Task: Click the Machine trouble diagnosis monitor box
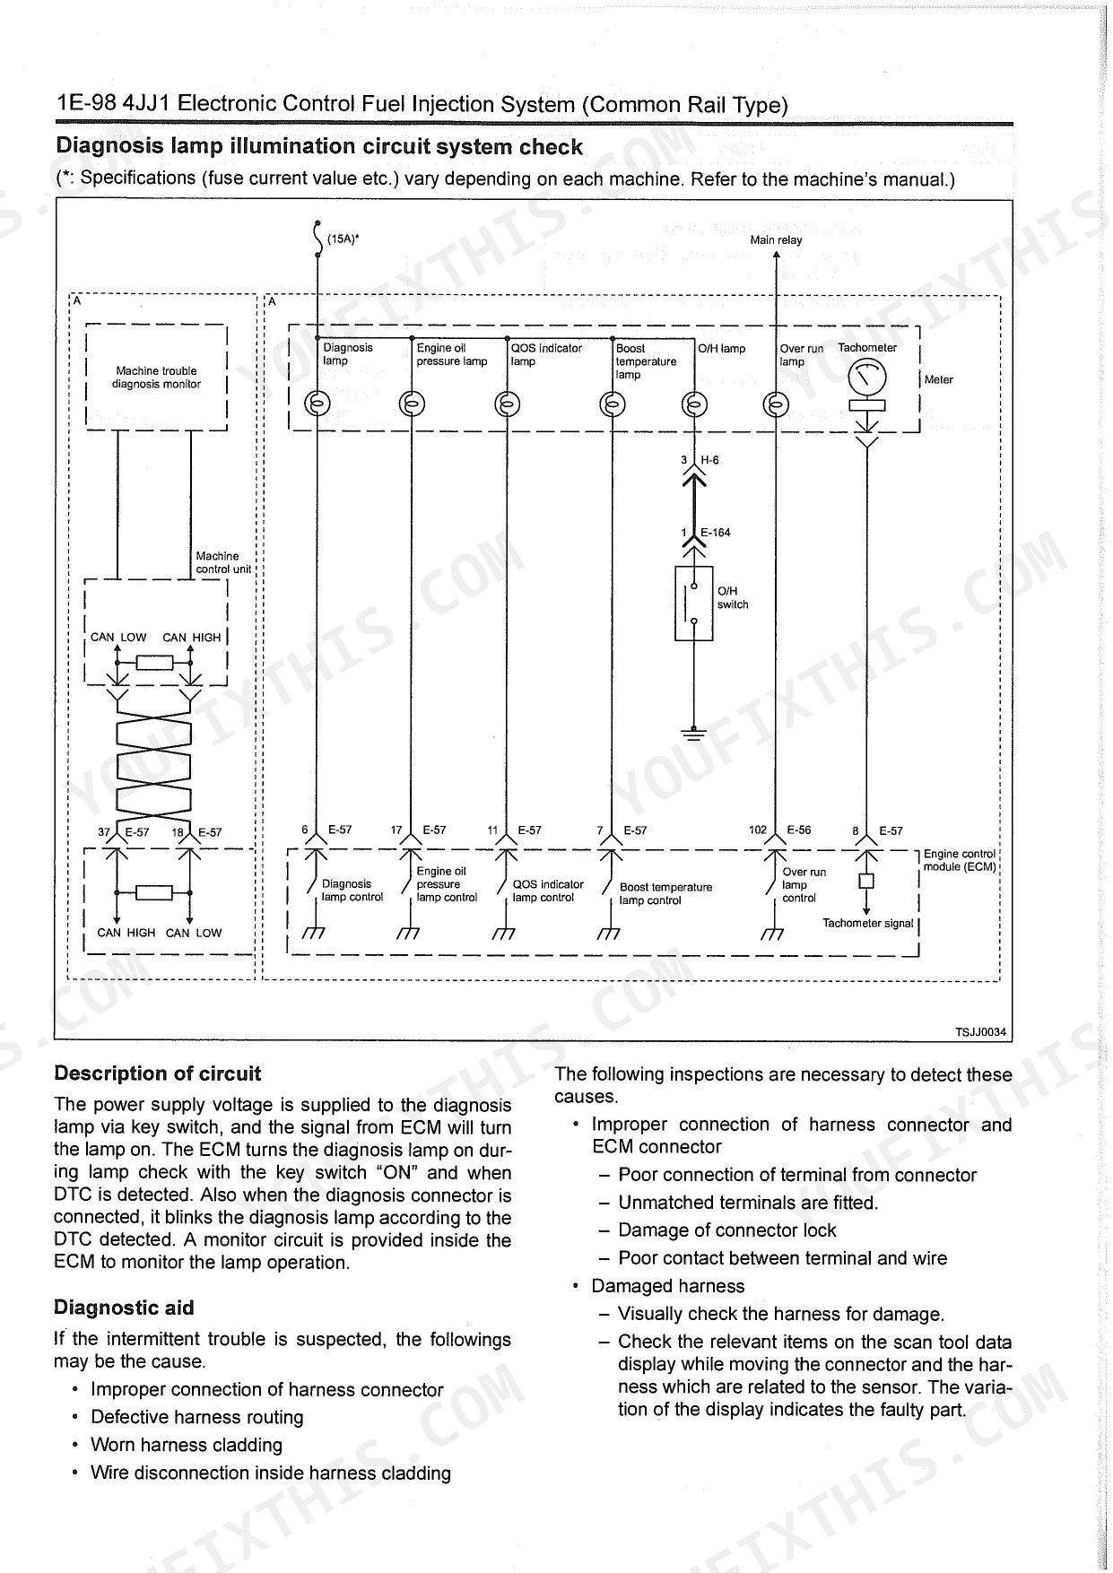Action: pos(156,378)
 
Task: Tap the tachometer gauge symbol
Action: pos(866,378)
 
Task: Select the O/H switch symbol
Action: pos(693,604)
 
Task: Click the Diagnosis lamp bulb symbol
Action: pos(317,404)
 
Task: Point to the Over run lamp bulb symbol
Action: pos(776,404)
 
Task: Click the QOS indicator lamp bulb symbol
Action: pos(507,404)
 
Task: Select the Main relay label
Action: pos(776,239)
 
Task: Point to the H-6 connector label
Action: pos(709,460)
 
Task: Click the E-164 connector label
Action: pos(715,533)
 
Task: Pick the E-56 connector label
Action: pos(798,830)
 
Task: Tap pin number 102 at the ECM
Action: pos(758,830)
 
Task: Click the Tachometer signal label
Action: pos(867,923)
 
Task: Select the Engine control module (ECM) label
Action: pos(959,860)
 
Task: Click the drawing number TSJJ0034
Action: pos(980,1032)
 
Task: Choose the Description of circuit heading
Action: pos(157,1073)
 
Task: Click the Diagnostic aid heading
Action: pos(124,1308)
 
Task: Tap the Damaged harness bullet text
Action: pos(667,1286)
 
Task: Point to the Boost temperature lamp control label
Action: pos(665,893)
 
